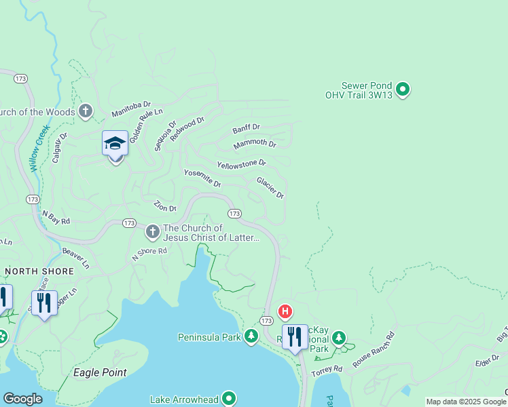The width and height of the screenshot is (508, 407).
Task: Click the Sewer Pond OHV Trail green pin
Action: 403,89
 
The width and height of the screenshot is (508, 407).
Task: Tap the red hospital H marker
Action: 285,311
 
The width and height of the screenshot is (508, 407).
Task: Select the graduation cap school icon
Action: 115,144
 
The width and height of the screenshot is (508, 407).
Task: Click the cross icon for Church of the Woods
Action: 85,111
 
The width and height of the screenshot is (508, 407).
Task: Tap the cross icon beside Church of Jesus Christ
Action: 152,232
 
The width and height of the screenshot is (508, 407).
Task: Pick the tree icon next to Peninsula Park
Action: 251,336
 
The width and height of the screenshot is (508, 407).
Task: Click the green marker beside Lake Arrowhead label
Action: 229,398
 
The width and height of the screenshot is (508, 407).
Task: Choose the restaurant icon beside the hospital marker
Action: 295,336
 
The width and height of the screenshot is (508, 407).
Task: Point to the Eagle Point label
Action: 100,372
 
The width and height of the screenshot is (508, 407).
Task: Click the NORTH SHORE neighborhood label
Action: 39,271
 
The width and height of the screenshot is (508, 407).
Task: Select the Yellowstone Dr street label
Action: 241,164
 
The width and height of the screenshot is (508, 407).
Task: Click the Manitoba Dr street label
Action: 130,106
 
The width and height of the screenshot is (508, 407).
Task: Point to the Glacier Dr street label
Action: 270,188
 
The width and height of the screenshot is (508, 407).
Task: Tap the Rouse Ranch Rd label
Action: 373,345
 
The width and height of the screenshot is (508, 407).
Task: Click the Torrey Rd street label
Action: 327,370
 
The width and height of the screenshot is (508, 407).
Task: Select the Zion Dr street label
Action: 165,206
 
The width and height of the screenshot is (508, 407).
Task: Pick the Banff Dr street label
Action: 246,128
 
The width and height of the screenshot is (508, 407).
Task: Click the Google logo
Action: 22,399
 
